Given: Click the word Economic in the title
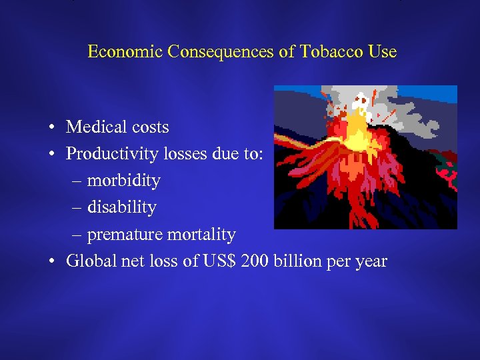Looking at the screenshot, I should [x=125, y=52].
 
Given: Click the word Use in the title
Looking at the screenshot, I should [x=383, y=52].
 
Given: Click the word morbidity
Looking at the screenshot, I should [x=124, y=181].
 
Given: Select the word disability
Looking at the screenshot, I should [x=121, y=207].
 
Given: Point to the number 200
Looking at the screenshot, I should [x=254, y=261].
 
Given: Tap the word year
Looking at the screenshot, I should [x=371, y=261].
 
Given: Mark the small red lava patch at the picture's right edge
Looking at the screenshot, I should [x=451, y=176].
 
